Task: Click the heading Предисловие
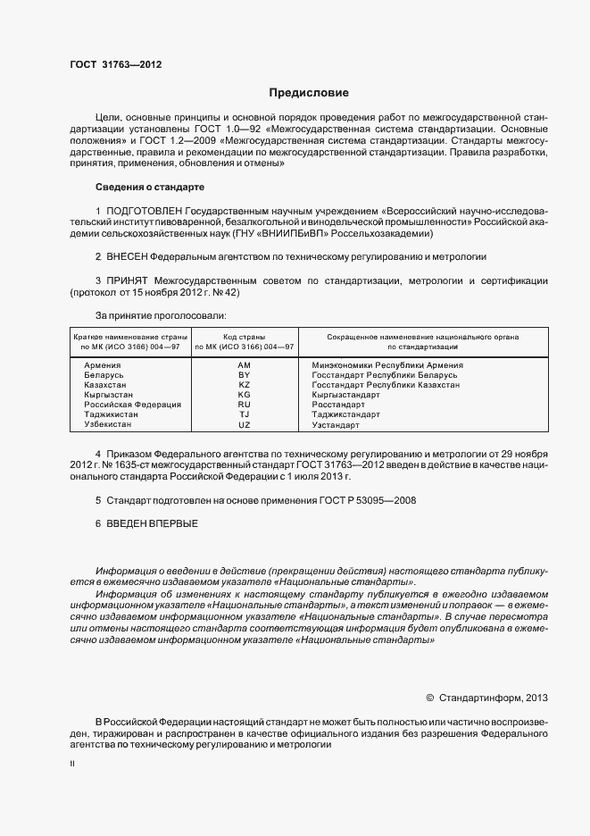309,93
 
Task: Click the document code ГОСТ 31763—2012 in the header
115,64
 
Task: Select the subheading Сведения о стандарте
149,188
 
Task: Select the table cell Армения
103,366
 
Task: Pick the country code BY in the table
245,376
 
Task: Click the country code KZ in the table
245,385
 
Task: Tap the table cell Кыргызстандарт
345,395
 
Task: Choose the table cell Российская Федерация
132,405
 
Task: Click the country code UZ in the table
245,424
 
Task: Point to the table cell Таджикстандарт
346,414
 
